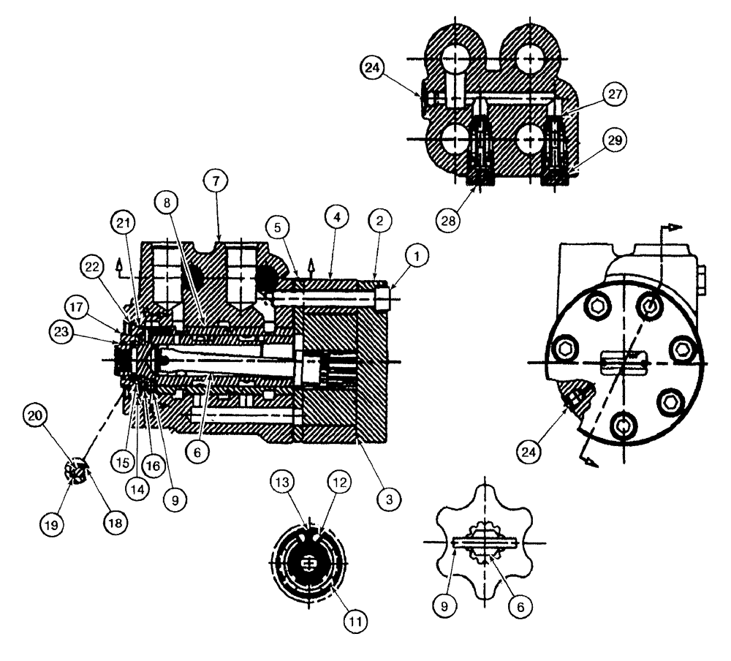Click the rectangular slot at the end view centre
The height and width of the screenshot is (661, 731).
coord(624,361)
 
